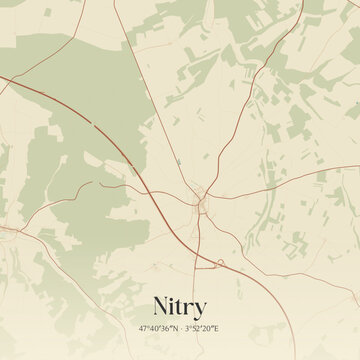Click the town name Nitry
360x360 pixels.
180,306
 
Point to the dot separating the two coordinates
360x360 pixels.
181,328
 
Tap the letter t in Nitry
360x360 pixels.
183,306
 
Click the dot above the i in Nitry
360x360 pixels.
175,298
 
